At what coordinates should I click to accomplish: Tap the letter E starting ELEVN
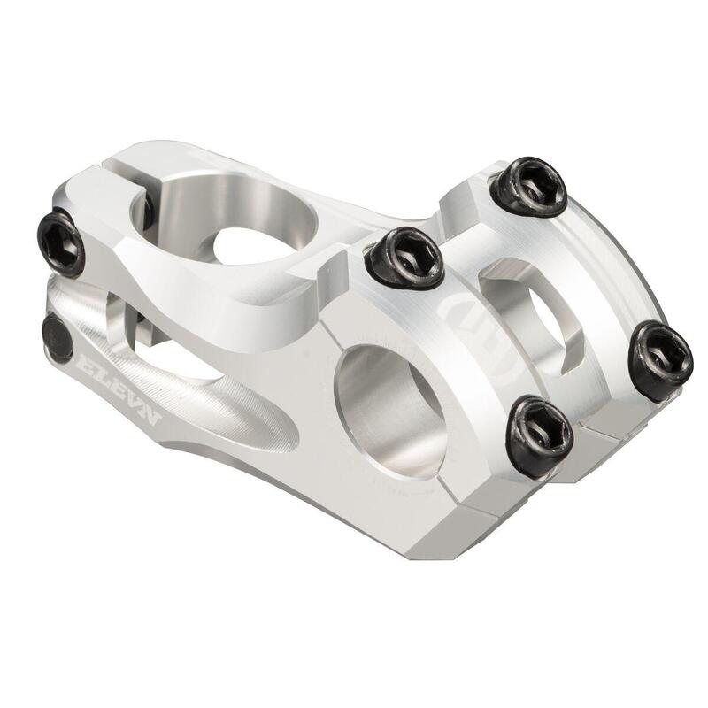[x=85, y=364]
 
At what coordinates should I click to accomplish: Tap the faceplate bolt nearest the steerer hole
[x=404, y=256]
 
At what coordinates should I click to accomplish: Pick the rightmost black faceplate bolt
[x=660, y=360]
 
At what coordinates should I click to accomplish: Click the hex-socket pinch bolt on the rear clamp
[x=61, y=242]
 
